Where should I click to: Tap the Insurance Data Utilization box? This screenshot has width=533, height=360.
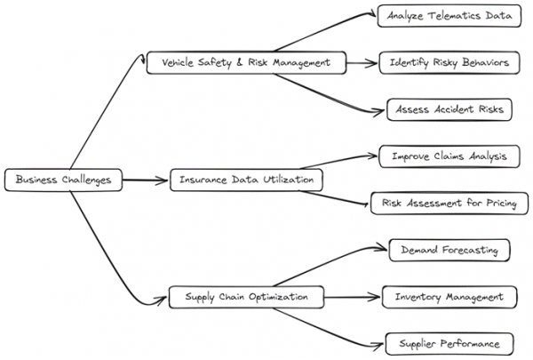[246, 180]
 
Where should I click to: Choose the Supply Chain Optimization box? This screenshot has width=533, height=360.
[246, 297]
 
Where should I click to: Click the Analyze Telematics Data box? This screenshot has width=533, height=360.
[448, 16]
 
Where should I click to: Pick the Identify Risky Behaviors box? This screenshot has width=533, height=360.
[449, 63]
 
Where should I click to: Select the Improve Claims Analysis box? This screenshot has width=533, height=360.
[449, 156]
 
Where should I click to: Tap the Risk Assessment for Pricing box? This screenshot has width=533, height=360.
[449, 204]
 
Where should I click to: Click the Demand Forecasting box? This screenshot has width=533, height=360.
[449, 250]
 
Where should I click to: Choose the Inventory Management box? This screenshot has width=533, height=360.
[449, 297]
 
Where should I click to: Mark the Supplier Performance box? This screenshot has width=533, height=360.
[449, 343]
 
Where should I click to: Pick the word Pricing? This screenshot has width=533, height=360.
[503, 204]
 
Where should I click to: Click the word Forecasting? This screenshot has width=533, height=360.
[469, 250]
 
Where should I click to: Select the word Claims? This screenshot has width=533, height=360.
[452, 156]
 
